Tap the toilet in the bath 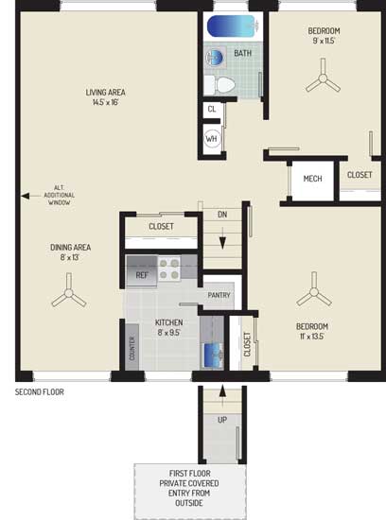pos(219,84)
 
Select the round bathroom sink pos(215,58)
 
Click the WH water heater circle pos(211,139)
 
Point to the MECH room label pos(312,179)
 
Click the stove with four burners pos(169,269)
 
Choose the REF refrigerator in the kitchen pos(142,271)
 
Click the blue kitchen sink pos(213,355)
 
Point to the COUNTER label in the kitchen pos(132,349)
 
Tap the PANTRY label pos(219,295)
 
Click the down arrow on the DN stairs pos(222,237)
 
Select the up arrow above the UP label pos(222,395)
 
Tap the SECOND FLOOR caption pos(40,392)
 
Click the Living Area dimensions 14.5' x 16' pos(106,102)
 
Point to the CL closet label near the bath pos(212,109)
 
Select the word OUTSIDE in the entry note pos(189,503)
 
